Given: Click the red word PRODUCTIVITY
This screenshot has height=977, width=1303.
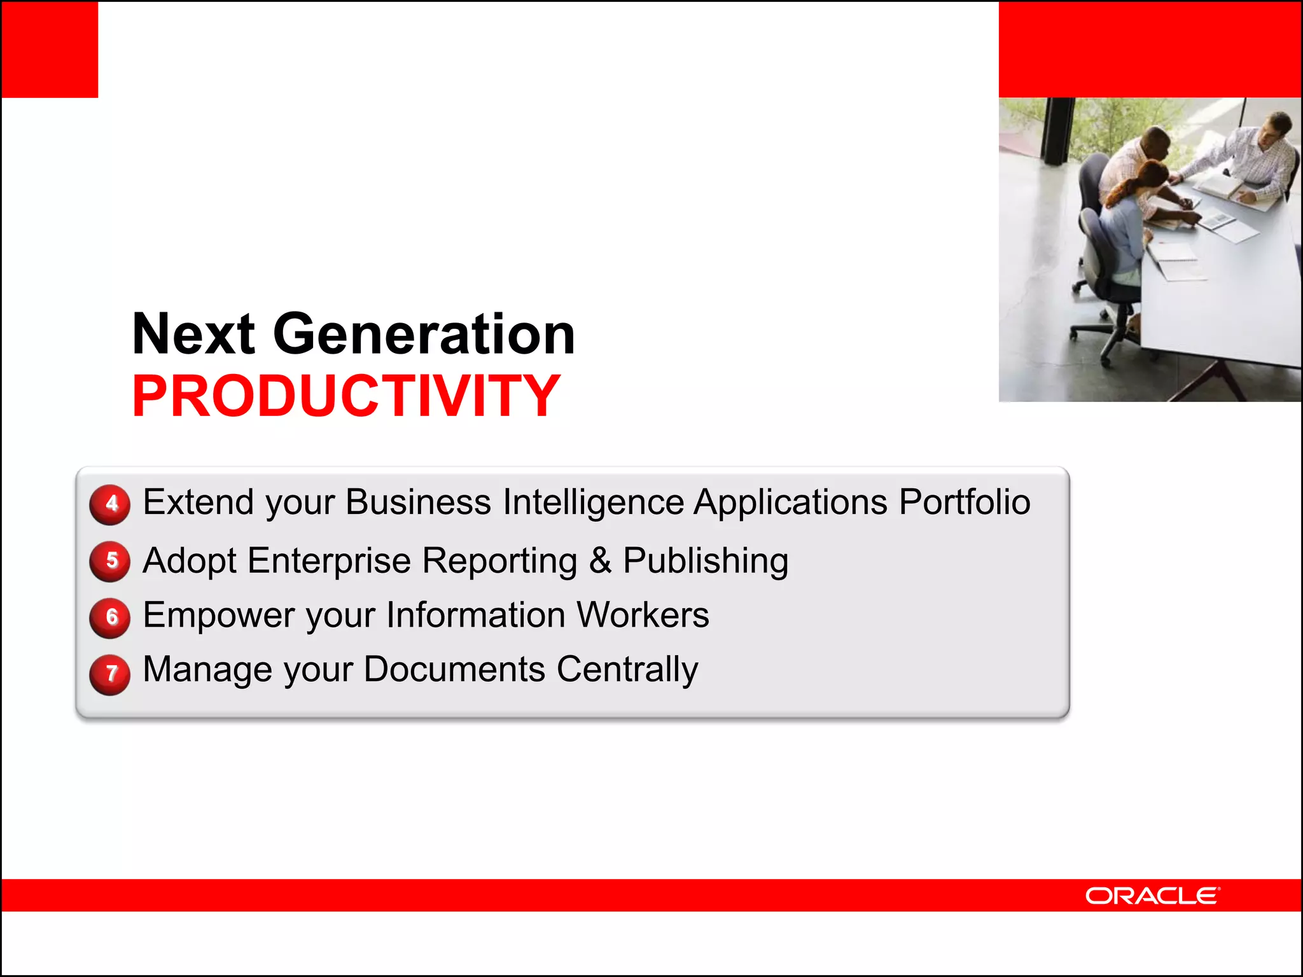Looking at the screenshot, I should coord(345,396).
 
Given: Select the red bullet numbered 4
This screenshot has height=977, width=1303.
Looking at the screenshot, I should coord(110,504).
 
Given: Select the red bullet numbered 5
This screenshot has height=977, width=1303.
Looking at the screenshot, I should coord(110,560).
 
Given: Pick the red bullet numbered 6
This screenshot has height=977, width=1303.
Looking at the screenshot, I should coord(110,616).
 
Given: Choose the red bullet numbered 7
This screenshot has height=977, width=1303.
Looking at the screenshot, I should coord(110,673).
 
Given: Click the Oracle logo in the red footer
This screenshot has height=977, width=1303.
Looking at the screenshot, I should coord(1152,896).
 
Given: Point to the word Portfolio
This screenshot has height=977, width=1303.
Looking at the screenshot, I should coord(965,502).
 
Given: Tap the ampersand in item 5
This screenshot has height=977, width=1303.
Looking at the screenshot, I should coord(600,560).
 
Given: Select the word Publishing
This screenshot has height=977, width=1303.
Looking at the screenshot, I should coord(705,560).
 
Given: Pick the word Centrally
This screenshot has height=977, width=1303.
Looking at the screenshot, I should coord(627,669).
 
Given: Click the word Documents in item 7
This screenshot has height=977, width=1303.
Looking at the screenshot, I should coord(454,669).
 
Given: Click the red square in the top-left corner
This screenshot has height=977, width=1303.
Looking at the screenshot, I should coord(50,50).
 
